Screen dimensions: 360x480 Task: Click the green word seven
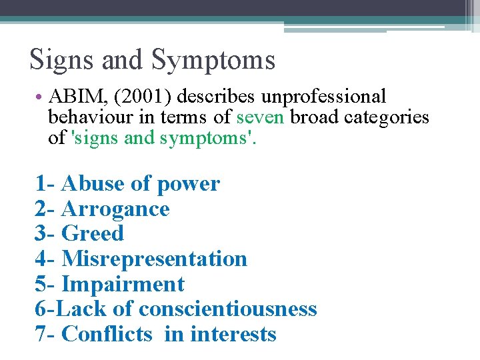coord(261,117)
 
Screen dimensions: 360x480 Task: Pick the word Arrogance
coord(115,209)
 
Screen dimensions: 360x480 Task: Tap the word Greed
coord(93,233)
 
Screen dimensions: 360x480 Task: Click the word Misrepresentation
coord(154,259)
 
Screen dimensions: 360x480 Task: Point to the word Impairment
coord(123,284)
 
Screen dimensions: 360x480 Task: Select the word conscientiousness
coord(227,309)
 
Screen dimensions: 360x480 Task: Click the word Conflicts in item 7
coord(107,333)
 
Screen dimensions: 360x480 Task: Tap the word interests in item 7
coord(233,333)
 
